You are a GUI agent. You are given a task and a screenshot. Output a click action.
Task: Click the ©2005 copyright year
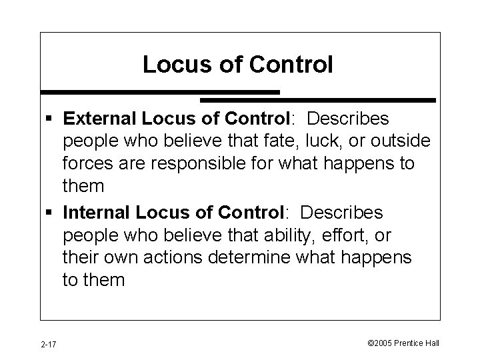[380, 343]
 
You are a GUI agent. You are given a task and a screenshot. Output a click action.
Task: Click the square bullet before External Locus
[51, 119]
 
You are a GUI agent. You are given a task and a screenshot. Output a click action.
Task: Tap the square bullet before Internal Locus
[51, 213]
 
